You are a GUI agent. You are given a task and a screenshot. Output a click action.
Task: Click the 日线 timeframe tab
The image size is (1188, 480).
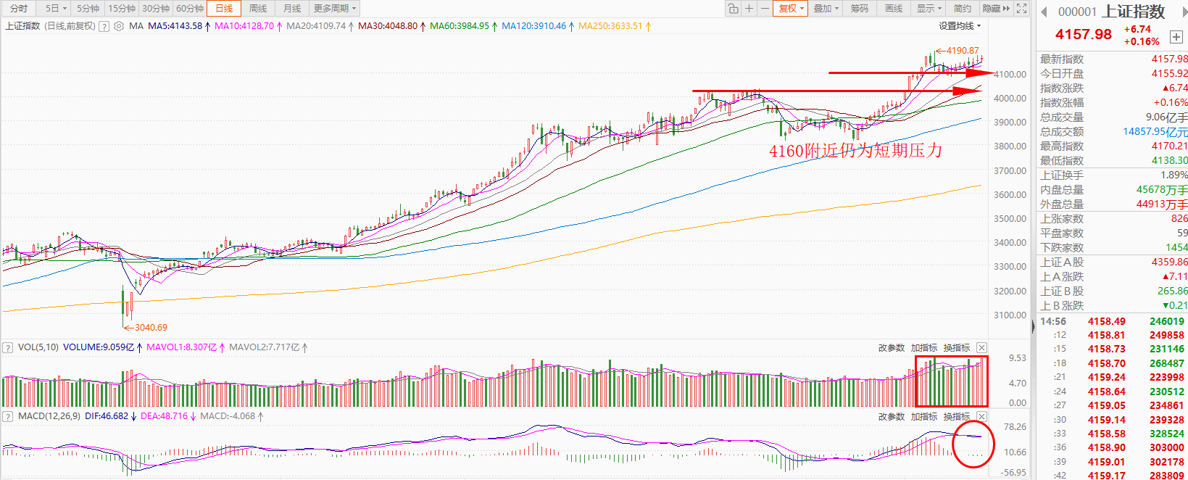click(x=223, y=9)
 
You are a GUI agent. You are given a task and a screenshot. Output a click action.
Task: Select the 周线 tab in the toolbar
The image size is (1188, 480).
click(x=258, y=9)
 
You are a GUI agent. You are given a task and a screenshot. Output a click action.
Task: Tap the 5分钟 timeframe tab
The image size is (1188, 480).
click(x=88, y=9)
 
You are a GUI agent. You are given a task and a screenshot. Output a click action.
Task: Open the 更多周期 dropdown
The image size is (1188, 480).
click(x=334, y=9)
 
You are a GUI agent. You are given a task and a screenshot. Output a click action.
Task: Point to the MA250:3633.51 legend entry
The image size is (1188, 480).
click(x=610, y=26)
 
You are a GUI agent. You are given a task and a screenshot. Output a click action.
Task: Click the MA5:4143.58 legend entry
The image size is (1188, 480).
click(x=175, y=26)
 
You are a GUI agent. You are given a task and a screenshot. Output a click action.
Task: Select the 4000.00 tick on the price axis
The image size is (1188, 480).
click(x=1010, y=98)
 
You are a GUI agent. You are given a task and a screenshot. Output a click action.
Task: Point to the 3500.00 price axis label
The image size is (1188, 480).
click(x=1010, y=218)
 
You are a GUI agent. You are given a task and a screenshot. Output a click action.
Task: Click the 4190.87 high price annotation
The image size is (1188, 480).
click(x=962, y=51)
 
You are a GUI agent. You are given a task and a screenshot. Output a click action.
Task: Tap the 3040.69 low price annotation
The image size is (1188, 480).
click(x=150, y=328)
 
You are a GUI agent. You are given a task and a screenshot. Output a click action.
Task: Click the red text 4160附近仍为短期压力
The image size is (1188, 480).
click(x=855, y=151)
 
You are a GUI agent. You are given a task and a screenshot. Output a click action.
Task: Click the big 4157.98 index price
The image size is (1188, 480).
click(x=1083, y=34)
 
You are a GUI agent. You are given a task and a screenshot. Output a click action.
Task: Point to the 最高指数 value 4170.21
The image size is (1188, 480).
click(x=1169, y=146)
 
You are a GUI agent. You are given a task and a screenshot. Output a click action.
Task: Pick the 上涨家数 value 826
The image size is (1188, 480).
click(x=1179, y=218)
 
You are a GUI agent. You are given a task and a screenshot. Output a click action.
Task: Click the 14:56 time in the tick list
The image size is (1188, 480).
click(x=1052, y=321)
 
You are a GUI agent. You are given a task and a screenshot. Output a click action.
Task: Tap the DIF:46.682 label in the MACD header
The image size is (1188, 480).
click(x=107, y=416)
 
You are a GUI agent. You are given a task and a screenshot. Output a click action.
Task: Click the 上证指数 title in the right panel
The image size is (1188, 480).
click(x=1133, y=12)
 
